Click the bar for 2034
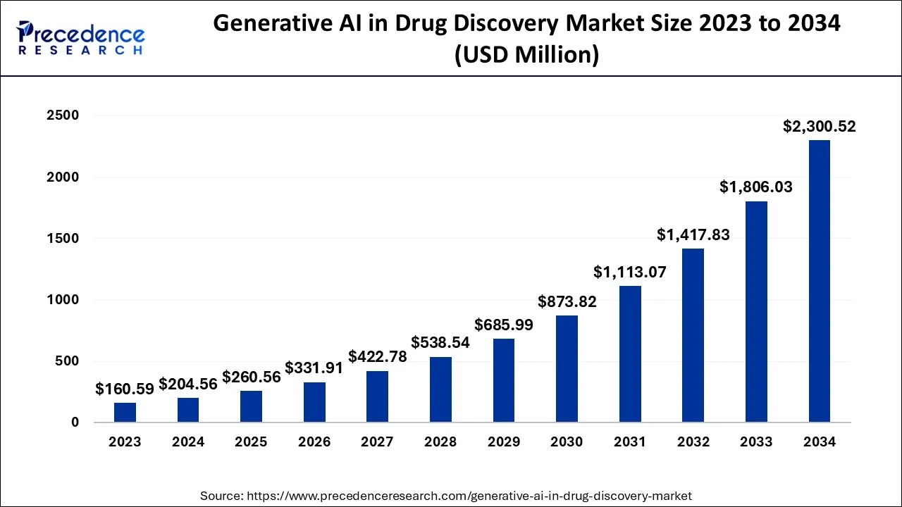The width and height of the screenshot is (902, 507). (x=820, y=282)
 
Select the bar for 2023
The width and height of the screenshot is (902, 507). (x=125, y=413)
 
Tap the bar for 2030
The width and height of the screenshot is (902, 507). (x=567, y=369)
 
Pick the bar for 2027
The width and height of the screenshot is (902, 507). (x=377, y=396)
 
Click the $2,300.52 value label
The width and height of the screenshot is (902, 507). (x=820, y=127)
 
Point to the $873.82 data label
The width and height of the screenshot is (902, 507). (x=567, y=302)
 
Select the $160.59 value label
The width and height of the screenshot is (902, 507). (x=125, y=389)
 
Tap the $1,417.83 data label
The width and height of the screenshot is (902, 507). (x=693, y=235)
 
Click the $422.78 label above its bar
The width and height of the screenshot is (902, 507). (x=377, y=357)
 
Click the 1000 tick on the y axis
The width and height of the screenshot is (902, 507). (x=64, y=300)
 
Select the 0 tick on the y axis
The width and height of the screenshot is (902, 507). (x=75, y=423)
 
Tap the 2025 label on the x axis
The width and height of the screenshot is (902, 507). (x=251, y=442)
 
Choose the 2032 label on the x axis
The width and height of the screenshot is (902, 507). (x=693, y=442)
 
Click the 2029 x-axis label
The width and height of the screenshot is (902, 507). (x=503, y=442)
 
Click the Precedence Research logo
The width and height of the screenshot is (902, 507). (x=81, y=38)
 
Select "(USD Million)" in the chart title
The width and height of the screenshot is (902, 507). (x=526, y=54)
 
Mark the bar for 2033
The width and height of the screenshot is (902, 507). (x=756, y=312)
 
